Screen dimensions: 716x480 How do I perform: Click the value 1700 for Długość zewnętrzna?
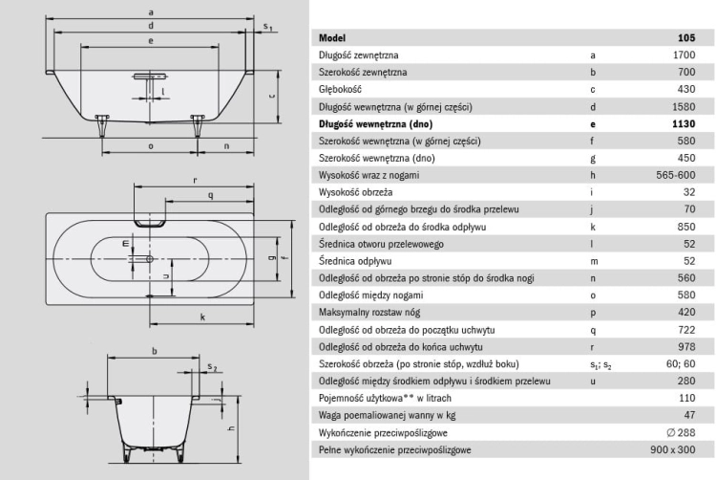(x=684, y=55)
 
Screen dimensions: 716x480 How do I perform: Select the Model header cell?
(x=332, y=38)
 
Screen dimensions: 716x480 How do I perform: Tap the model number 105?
(x=686, y=38)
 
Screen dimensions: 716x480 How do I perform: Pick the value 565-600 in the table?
(x=675, y=175)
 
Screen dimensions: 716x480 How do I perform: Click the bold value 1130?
(x=684, y=124)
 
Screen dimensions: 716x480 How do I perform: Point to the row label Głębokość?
(x=340, y=90)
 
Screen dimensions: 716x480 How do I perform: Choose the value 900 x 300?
(x=673, y=449)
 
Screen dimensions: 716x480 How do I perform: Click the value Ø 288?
(x=681, y=432)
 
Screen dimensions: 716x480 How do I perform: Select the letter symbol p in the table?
(x=593, y=313)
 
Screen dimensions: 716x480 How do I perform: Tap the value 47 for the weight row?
(x=689, y=415)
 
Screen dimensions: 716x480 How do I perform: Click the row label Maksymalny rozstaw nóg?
(x=369, y=313)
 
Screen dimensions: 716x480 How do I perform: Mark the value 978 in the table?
(x=686, y=346)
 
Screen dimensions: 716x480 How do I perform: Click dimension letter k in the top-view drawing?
(x=202, y=316)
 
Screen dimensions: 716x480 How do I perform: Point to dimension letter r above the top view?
(x=195, y=181)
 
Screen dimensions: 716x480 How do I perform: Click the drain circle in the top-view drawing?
(x=149, y=259)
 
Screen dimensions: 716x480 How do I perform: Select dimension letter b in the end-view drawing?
(x=155, y=351)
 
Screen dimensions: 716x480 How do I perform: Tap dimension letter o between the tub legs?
(x=151, y=146)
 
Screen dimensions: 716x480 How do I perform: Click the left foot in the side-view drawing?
(x=102, y=125)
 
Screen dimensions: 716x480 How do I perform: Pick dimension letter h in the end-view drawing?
(x=232, y=427)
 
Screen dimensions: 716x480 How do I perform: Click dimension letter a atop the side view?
(x=151, y=12)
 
